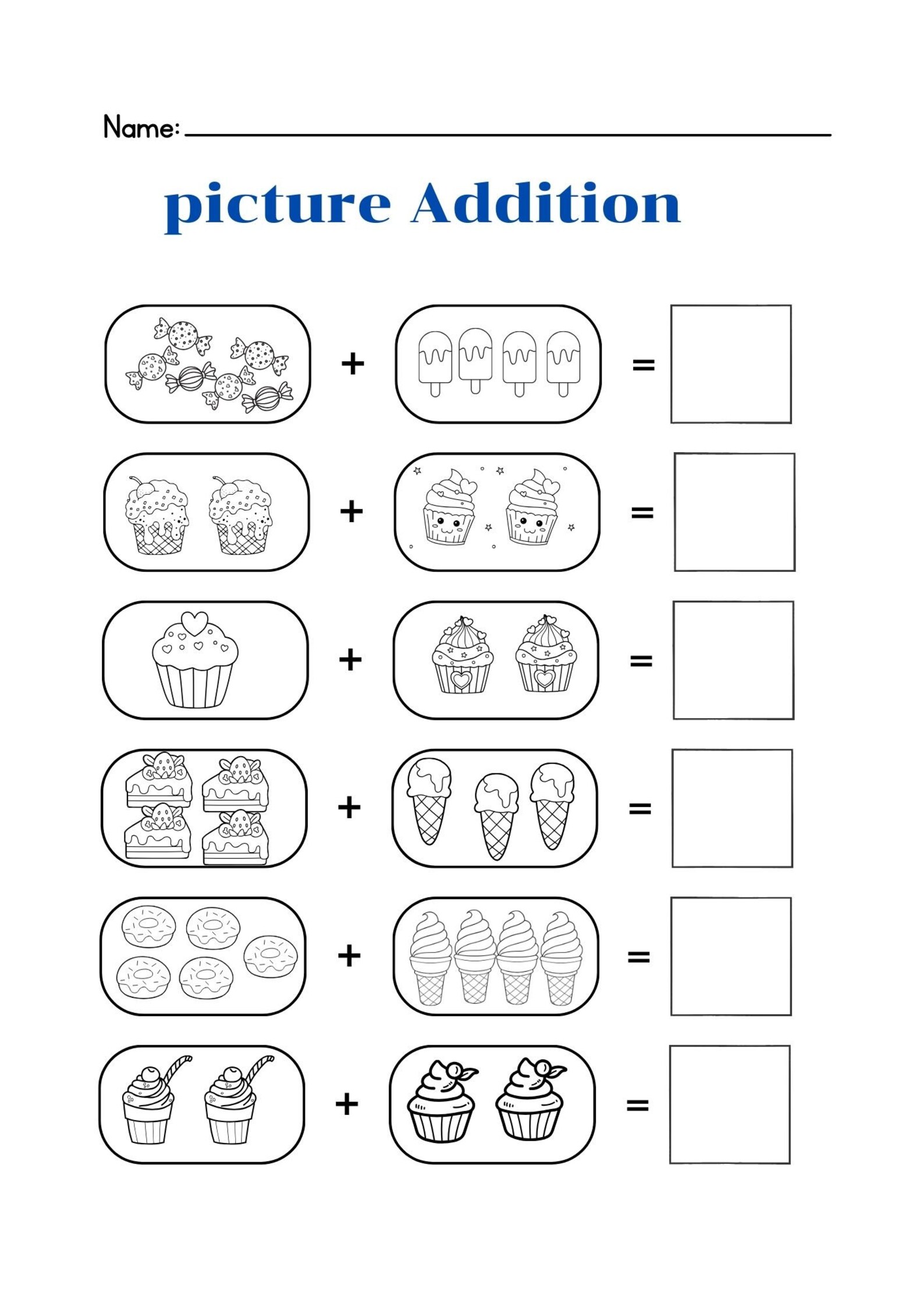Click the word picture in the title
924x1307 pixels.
click(x=278, y=205)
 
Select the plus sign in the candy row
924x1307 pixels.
click(x=353, y=364)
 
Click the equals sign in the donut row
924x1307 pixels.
click(x=638, y=956)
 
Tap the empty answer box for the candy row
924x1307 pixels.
click(x=731, y=364)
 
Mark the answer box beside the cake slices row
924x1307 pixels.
click(x=732, y=808)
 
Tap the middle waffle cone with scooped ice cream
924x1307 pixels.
click(x=496, y=815)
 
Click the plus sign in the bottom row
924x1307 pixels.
click(x=347, y=1104)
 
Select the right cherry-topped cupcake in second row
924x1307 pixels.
click(x=240, y=516)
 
